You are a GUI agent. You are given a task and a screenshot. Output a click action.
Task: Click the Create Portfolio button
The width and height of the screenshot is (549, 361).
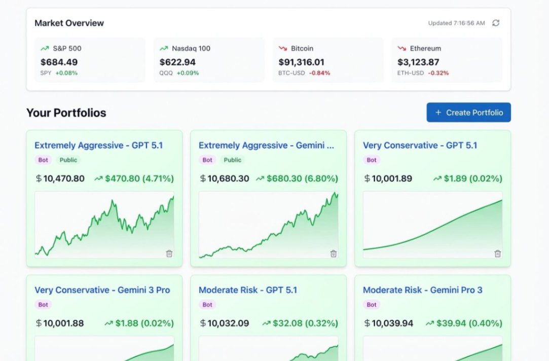pos(468,113)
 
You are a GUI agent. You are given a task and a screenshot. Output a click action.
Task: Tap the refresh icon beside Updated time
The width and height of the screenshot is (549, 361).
pos(496,23)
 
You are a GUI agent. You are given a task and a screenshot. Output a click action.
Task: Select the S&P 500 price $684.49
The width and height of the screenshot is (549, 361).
pos(59,62)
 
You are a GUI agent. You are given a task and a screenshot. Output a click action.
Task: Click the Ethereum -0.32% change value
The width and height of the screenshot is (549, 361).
pos(438,73)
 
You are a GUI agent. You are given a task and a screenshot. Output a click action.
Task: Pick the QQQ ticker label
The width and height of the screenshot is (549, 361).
pos(166,73)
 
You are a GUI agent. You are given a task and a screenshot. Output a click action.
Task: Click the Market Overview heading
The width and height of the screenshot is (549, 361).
pos(69,23)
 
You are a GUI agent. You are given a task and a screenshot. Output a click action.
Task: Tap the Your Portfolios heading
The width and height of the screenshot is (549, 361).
pos(66,113)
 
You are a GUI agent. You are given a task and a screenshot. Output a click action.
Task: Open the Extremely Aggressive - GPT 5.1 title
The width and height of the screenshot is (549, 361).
pos(98,146)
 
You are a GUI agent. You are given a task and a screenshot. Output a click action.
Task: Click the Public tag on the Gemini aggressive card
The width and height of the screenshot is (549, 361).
pos(233,160)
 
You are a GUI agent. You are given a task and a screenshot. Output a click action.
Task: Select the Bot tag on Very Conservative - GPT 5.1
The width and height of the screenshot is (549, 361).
pos(372,160)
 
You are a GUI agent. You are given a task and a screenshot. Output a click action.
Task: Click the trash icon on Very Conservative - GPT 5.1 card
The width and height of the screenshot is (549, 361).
pos(498,254)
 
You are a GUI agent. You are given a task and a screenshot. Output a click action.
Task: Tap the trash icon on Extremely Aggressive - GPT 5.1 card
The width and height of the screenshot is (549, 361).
pos(169,254)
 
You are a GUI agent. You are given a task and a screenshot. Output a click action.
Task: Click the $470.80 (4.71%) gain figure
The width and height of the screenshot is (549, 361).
pos(139,178)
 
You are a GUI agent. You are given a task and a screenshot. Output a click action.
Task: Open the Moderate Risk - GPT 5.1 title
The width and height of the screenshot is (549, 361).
pos(247,290)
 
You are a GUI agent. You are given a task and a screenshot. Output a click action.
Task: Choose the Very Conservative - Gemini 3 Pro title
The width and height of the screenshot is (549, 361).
pos(102,290)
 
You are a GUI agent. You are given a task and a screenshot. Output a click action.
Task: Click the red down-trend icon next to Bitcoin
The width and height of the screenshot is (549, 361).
pos(283,49)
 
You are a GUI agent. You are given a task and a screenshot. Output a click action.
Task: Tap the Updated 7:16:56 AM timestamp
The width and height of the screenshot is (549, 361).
pos(456,23)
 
